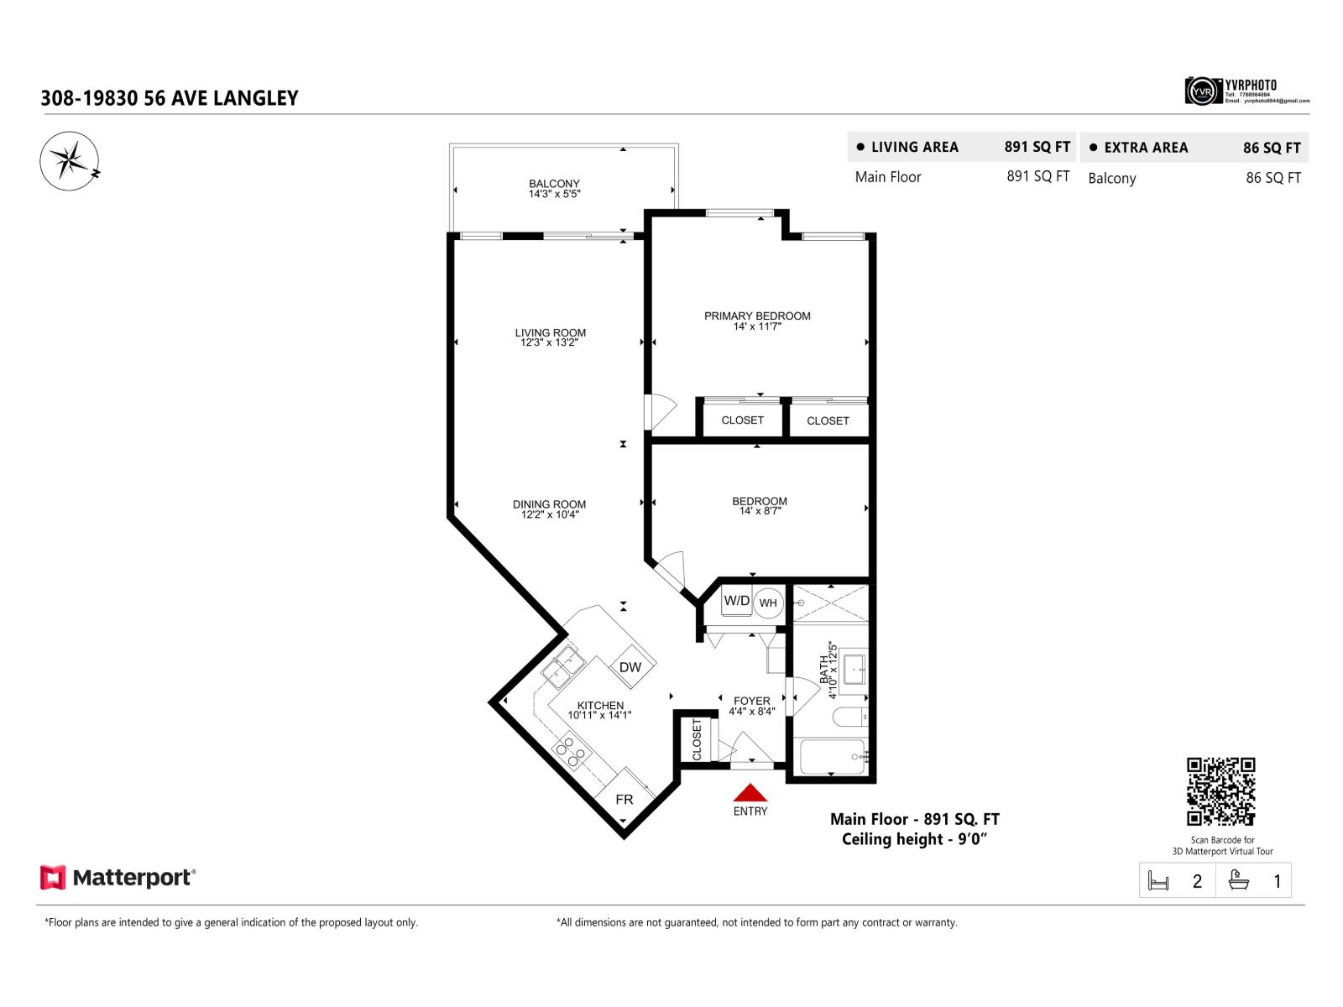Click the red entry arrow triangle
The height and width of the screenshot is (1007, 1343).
coord(750,793)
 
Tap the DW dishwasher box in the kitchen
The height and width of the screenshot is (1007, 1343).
coord(630,667)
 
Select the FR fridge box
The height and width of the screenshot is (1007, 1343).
coord(624,800)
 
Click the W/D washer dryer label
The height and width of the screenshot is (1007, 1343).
coord(737,601)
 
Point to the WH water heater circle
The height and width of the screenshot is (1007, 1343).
coord(768,603)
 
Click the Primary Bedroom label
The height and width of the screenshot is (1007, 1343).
coord(757,316)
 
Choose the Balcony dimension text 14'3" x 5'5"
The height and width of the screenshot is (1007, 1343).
coord(554,194)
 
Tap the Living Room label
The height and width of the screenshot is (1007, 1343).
coord(551,333)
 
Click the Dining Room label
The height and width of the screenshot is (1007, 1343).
coord(550,504)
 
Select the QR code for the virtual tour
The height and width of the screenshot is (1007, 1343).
coord(1220,791)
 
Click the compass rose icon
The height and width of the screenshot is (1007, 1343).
coord(69,159)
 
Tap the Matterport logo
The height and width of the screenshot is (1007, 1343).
coord(118,878)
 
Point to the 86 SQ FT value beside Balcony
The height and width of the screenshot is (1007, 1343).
coord(1272,178)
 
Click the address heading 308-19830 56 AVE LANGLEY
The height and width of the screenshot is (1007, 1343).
coord(170,98)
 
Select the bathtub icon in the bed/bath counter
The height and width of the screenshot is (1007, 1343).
coord(1237,880)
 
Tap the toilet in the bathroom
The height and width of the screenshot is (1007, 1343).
coord(850,718)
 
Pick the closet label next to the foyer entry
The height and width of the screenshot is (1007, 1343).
coord(697,739)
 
